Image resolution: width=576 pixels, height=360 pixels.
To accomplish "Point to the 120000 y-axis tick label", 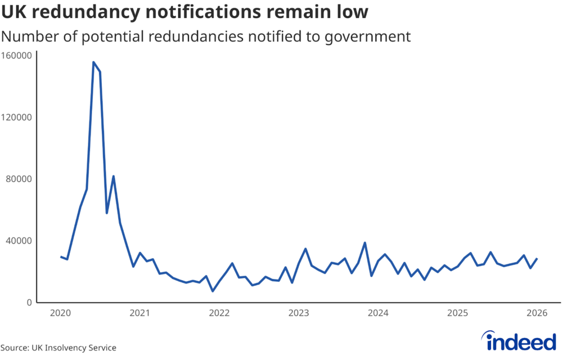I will tap(17, 117).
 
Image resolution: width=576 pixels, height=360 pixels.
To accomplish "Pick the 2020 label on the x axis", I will tap(60, 313).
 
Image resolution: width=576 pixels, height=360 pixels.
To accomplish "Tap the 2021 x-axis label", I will tap(139, 313).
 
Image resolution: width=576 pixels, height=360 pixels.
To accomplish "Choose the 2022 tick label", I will tap(219, 313).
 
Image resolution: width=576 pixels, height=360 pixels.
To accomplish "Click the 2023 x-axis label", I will tap(299, 313).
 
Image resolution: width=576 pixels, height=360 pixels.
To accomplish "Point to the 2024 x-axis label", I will tap(378, 313).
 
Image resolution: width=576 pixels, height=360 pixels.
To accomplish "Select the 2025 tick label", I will tap(458, 313).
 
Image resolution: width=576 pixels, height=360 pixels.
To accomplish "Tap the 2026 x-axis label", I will tap(537, 313).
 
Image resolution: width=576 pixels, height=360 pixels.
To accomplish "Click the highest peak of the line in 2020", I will tap(93, 62).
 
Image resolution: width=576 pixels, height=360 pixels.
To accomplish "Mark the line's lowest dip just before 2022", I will tap(213, 291).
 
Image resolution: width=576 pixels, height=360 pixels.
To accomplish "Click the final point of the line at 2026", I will tap(537, 259).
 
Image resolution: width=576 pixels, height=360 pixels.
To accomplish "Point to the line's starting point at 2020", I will tap(61, 256).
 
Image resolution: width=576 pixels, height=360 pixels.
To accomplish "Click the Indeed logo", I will tap(520, 341).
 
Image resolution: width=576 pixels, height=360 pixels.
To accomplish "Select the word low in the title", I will tap(350, 11).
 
